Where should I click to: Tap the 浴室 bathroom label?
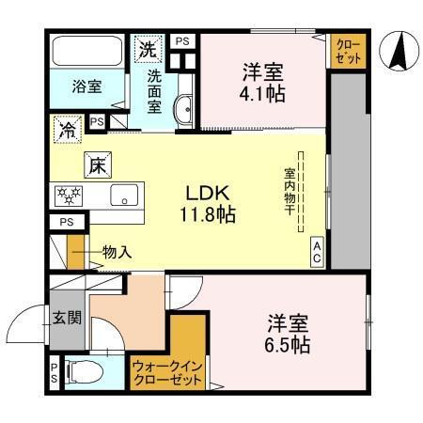[88, 87]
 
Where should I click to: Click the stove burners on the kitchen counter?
[70, 196]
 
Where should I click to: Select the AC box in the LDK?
[317, 251]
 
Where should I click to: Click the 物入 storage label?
[116, 251]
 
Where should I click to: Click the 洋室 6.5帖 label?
[288, 334]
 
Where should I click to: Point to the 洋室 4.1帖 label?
[262, 82]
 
